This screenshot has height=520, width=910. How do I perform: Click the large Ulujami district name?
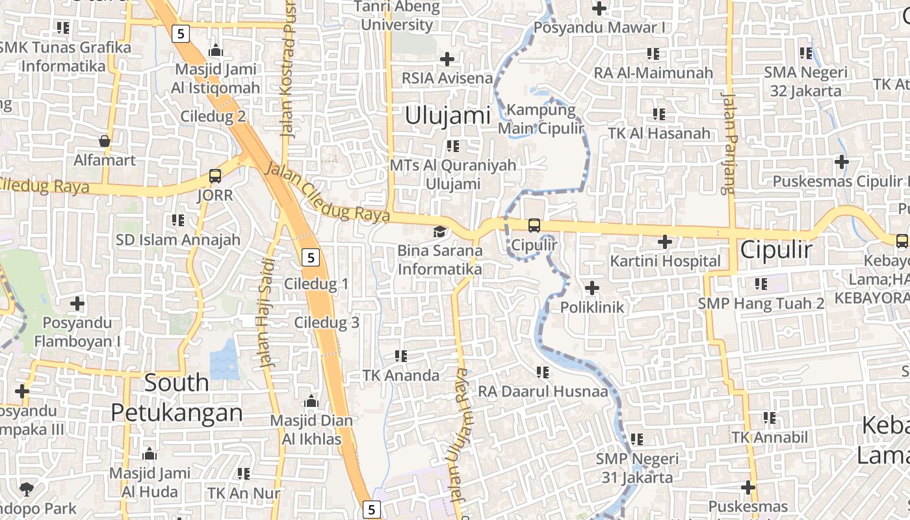tap(447, 116)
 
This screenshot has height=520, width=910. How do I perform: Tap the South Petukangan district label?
tap(177, 397)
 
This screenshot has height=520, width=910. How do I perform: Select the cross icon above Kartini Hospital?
tap(664, 242)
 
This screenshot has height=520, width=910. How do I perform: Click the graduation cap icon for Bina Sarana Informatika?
tap(440, 232)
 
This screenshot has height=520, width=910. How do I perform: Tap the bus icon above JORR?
tap(214, 176)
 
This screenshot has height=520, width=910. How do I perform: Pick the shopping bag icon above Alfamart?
tap(104, 141)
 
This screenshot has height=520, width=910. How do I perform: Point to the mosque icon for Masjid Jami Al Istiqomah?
tap(216, 51)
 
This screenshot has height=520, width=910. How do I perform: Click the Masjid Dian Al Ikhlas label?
tap(311, 430)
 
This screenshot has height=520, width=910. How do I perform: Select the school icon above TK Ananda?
tap(401, 356)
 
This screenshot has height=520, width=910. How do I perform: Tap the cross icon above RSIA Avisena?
tap(447, 59)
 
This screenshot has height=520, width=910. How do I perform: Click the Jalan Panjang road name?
tap(729, 143)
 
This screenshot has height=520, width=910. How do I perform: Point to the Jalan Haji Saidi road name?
tap(267, 314)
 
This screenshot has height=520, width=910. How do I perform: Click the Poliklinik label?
tap(592, 307)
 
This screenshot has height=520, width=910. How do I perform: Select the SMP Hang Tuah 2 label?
tap(761, 303)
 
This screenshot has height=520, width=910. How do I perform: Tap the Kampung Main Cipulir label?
tap(541, 119)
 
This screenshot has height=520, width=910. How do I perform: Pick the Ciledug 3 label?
tap(326, 322)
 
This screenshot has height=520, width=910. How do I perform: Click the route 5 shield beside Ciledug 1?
tap(311, 258)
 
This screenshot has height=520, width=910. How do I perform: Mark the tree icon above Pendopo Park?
tap(27, 489)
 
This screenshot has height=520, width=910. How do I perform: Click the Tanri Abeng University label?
tap(397, 16)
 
